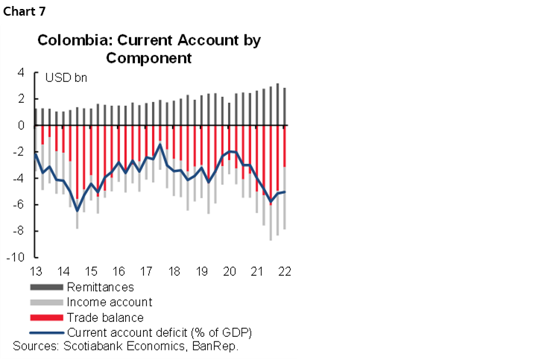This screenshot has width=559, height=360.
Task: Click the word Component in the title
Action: tap(149, 57)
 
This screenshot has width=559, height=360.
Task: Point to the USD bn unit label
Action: tap(66, 78)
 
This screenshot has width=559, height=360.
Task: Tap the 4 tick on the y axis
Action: tap(22, 73)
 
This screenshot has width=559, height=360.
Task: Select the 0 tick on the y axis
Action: tap(22, 125)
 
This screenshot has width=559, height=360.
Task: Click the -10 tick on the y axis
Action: tap(17, 258)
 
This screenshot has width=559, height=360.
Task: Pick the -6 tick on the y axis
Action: tap(19, 205)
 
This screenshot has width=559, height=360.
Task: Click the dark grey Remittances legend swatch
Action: tap(46, 287)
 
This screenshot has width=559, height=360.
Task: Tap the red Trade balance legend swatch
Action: tap(46, 318)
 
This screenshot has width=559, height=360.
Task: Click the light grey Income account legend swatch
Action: tap(46, 302)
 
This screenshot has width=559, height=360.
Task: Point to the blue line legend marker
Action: tap(46, 332)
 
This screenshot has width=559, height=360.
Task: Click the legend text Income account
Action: tap(109, 302)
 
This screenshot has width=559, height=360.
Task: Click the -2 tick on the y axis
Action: tap(19, 152)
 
